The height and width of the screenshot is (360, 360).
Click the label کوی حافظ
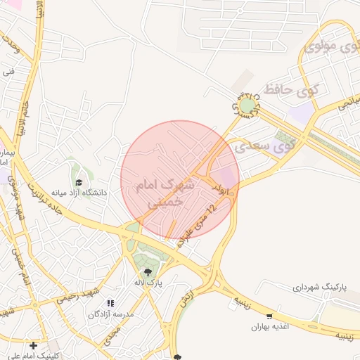(289, 91)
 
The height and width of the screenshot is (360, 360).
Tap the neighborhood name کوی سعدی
(264, 147)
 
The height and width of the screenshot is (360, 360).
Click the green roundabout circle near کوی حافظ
(247, 106)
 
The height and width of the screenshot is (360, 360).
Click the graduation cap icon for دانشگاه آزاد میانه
(78, 182)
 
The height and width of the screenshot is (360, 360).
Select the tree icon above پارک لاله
(147, 272)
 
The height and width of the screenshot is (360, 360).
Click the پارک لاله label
(148, 283)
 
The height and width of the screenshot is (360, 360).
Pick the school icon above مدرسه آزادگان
(110, 303)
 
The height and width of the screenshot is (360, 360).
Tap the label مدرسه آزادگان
(110, 314)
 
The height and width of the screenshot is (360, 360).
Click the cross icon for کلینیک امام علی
(33, 345)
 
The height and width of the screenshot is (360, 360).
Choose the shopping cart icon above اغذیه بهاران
(269, 316)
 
